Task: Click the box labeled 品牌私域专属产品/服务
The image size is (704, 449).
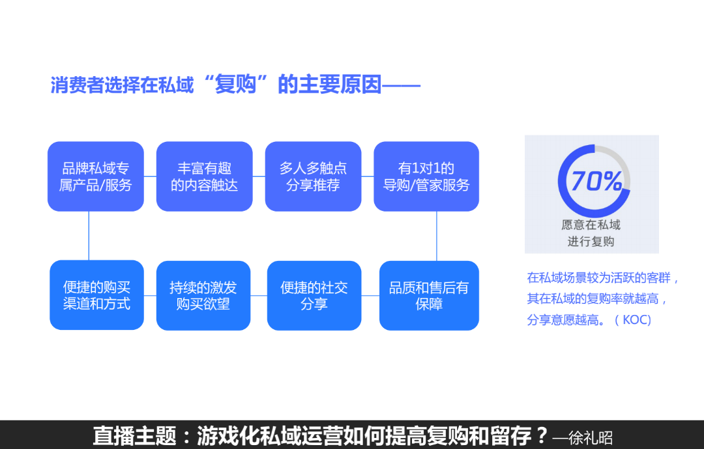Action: (96, 176)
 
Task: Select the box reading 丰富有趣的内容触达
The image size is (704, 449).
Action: (204, 176)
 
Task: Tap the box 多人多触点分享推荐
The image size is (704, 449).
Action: (313, 176)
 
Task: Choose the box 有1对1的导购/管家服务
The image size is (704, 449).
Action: (426, 176)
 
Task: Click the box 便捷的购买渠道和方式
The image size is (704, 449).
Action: (96, 295)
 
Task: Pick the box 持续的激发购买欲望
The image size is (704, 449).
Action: (203, 295)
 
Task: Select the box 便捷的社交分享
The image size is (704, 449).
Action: (314, 295)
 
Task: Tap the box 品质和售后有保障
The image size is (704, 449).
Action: (429, 295)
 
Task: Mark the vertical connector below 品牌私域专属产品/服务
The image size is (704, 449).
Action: (89, 236)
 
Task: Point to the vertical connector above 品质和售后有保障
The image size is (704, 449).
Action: (437, 236)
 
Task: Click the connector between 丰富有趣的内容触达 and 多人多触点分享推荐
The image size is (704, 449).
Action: (259, 176)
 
